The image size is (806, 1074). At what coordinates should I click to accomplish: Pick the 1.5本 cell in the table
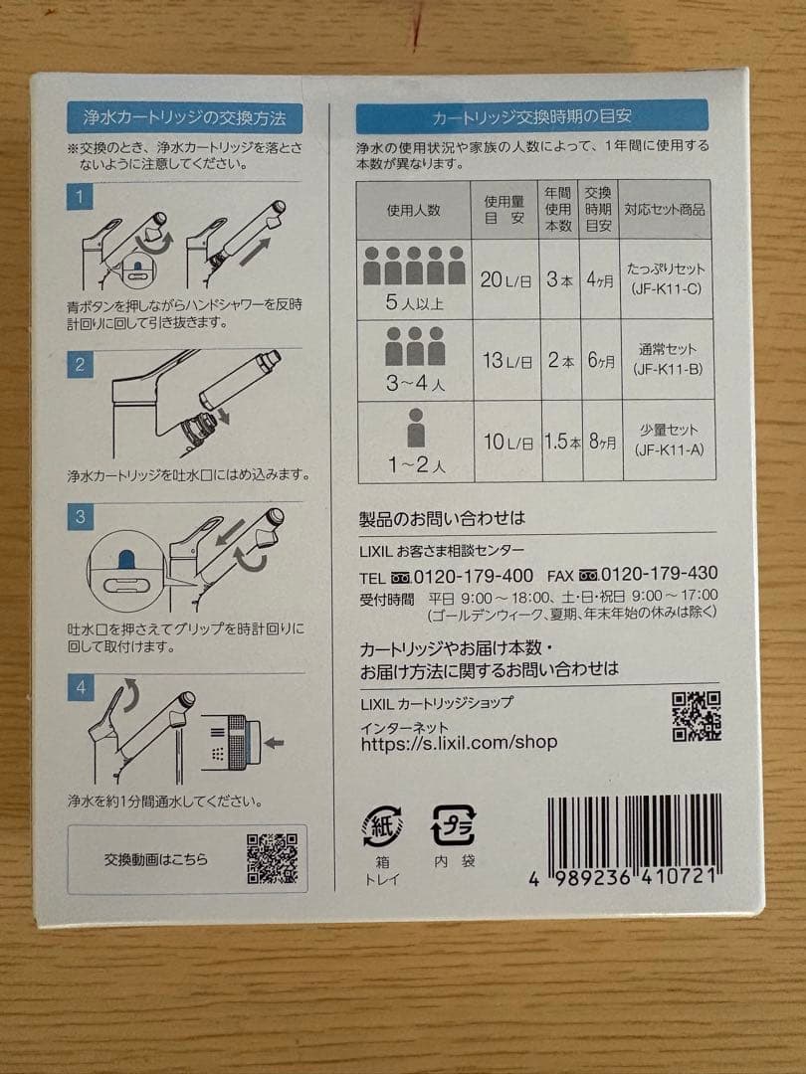(x=561, y=443)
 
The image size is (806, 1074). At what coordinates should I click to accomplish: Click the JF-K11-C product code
(x=667, y=288)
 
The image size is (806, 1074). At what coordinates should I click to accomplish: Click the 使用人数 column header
(x=413, y=210)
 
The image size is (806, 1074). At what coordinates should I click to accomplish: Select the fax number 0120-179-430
(x=660, y=575)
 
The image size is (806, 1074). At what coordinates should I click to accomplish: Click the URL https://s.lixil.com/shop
(x=459, y=743)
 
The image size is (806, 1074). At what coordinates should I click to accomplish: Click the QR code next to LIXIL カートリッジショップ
(x=696, y=715)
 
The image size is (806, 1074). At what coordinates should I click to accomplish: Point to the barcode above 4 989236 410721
(x=635, y=833)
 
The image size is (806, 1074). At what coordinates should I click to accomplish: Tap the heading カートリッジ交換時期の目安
(x=531, y=116)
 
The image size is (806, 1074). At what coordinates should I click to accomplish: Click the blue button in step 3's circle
(x=126, y=560)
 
